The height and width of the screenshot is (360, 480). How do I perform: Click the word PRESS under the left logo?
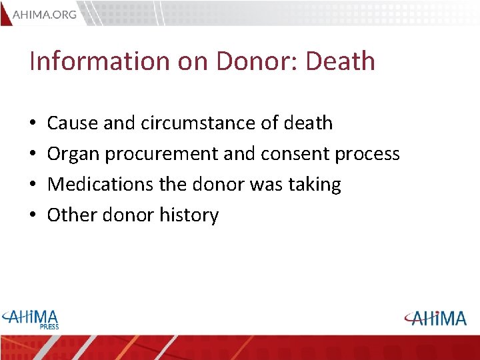coord(49,327)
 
